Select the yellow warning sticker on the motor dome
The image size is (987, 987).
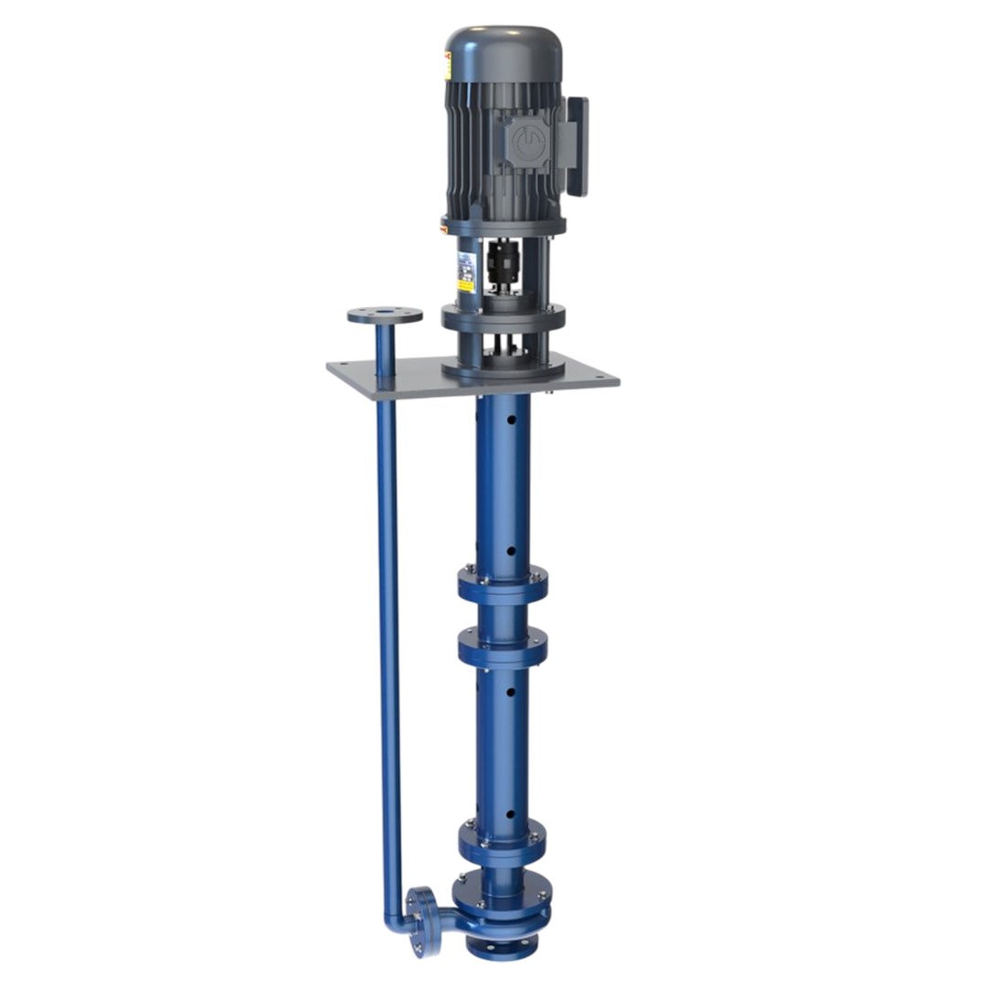448,66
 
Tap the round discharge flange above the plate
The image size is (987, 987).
385,315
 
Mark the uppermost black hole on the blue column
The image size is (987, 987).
511,420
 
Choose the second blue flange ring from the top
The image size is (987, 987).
503,647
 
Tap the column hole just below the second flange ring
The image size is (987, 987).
510,692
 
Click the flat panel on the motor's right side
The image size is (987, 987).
577,146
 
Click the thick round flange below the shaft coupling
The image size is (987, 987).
503,317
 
